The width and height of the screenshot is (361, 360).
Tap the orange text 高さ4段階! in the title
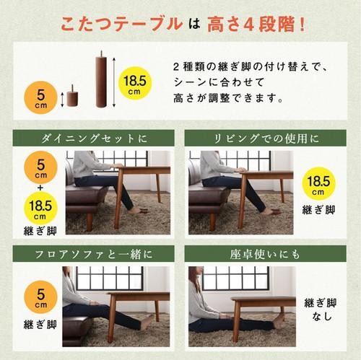coord(256,25)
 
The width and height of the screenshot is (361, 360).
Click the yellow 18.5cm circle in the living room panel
coord(319,184)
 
